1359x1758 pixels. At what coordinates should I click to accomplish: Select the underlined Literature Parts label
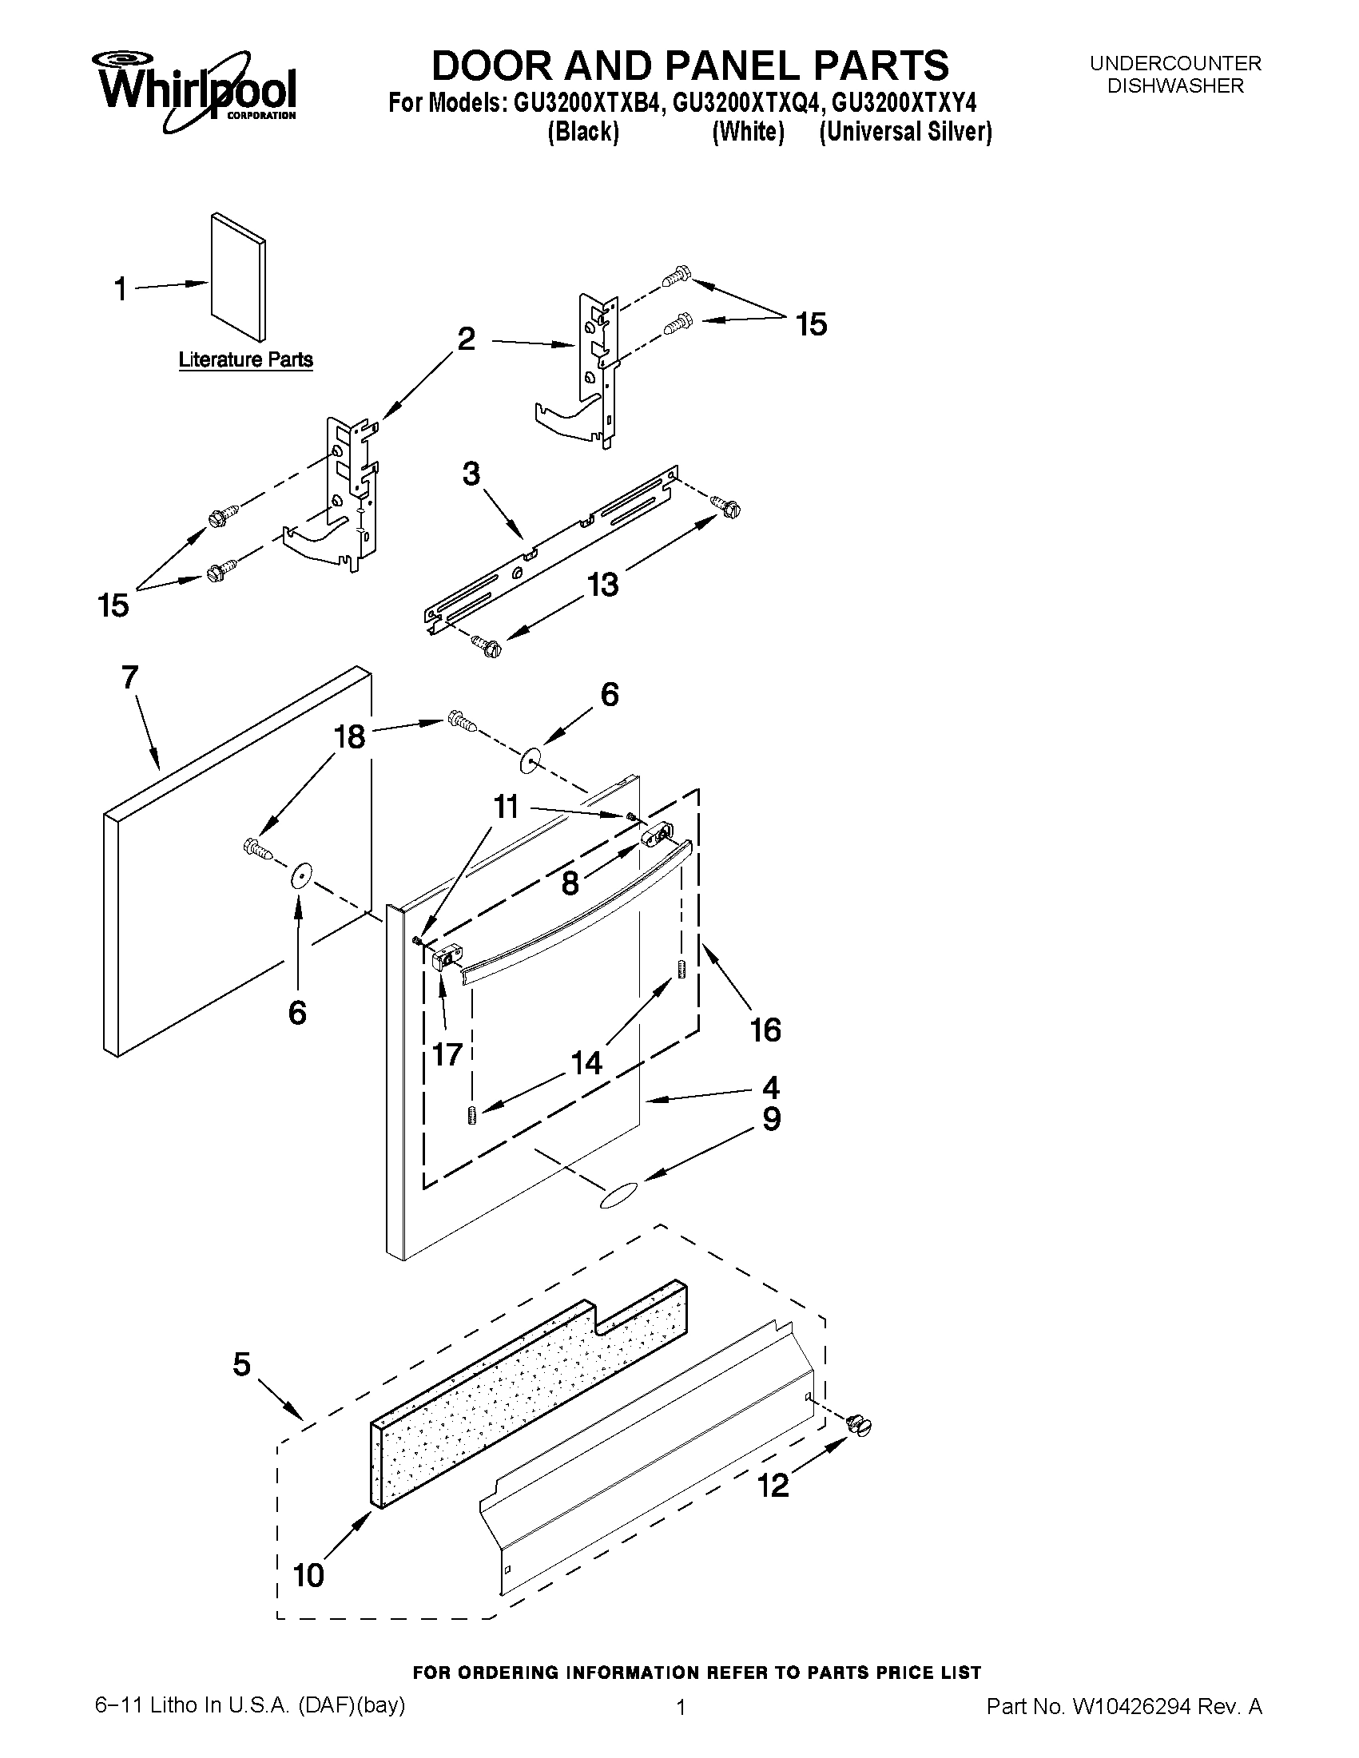point(245,359)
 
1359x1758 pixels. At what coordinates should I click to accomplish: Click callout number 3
point(471,474)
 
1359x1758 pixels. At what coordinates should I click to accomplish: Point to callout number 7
point(129,677)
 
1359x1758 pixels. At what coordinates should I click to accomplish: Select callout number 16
point(765,1030)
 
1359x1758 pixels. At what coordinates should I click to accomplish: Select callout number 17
point(447,1054)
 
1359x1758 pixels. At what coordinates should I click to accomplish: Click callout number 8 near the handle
point(570,883)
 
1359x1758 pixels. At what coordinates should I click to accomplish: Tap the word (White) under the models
point(748,132)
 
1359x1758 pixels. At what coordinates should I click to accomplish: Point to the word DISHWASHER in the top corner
point(1175,86)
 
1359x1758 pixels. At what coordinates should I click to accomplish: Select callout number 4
point(770,1089)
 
